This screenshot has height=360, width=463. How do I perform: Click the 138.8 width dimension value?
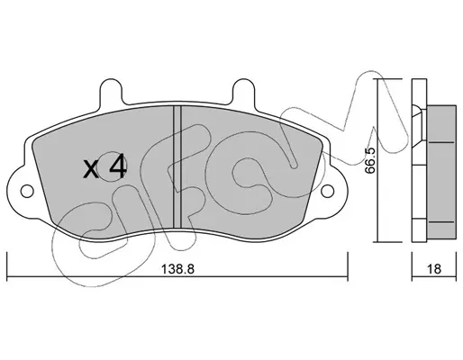[178, 269]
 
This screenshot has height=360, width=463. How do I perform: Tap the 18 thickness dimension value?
[434, 269]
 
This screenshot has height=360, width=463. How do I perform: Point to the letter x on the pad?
[90, 169]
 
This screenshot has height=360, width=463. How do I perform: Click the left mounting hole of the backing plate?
[27, 191]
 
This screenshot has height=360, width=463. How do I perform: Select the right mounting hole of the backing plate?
[327, 191]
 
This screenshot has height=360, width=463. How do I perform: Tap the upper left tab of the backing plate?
[111, 91]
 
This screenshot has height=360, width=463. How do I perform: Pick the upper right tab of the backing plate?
[244, 91]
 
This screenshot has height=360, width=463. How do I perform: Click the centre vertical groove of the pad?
[177, 167]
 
